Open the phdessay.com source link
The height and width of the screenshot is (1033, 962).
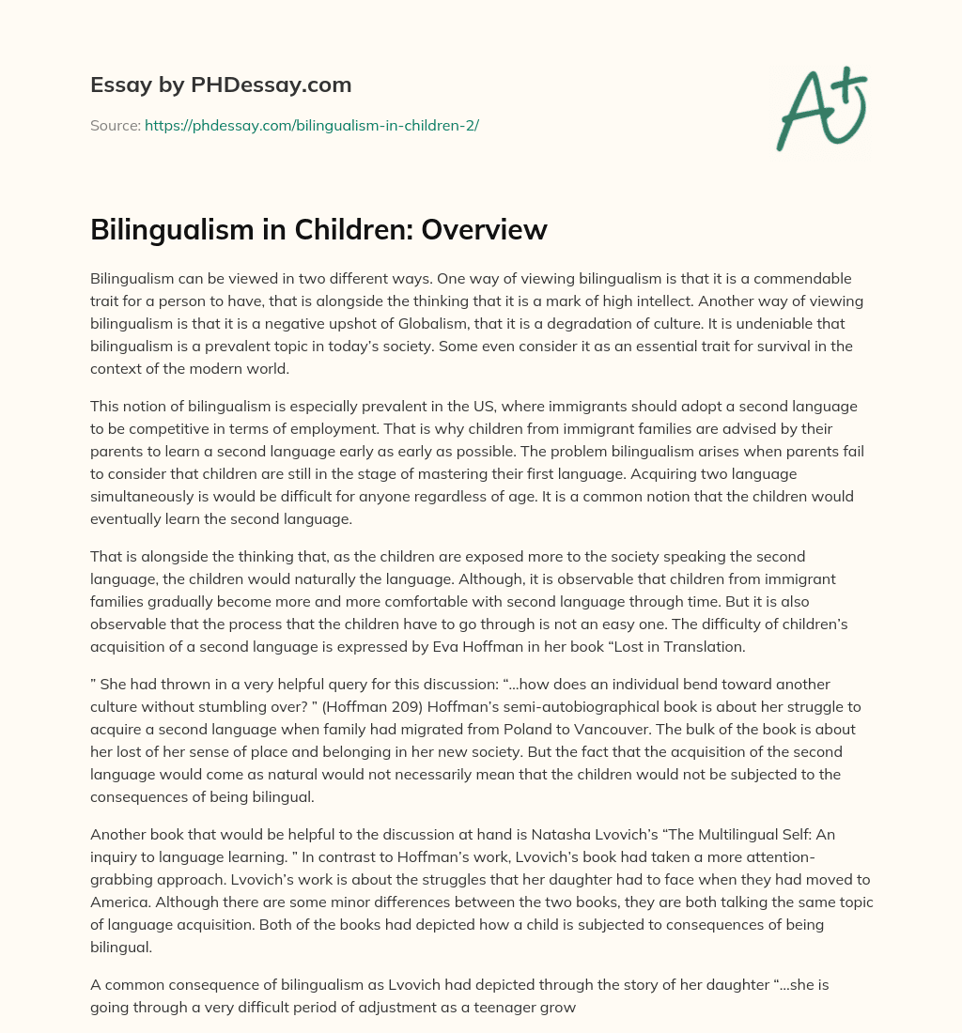coord(311,125)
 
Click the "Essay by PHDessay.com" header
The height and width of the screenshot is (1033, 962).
coord(221,85)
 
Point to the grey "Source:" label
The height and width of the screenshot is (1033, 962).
coord(115,125)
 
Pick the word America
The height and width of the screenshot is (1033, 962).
coord(121,902)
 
